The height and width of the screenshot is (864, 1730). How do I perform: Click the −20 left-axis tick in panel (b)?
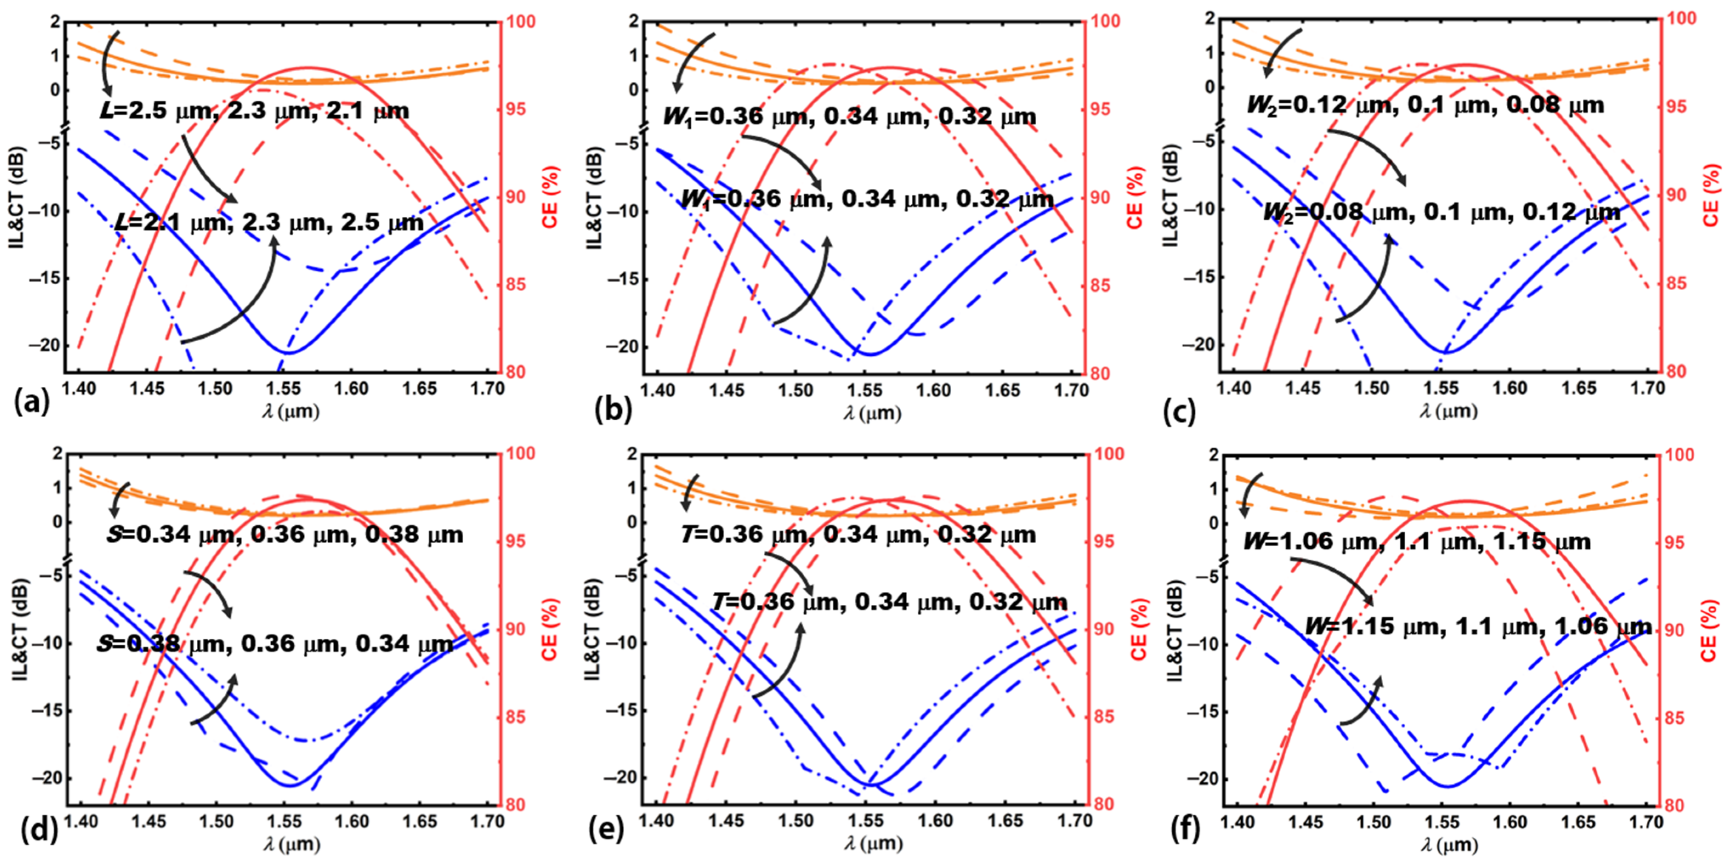coord(621,347)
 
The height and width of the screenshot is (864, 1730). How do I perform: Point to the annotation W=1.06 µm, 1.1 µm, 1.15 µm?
coord(1417,541)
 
